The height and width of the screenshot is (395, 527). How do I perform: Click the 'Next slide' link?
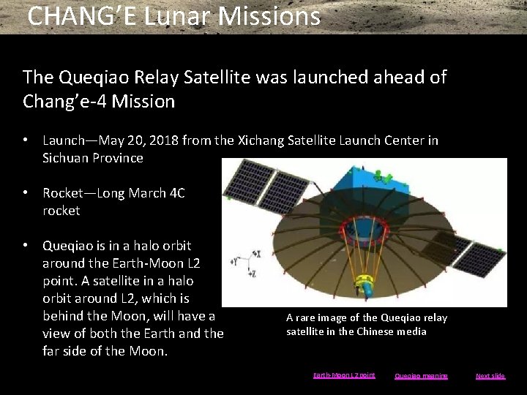click(490, 376)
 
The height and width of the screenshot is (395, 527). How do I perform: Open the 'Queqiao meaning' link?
click(421, 376)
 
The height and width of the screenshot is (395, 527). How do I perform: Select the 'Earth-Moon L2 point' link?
click(344, 375)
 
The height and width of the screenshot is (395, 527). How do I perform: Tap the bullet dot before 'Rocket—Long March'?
click(26, 193)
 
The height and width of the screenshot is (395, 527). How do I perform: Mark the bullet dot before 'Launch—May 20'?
click(26, 140)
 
